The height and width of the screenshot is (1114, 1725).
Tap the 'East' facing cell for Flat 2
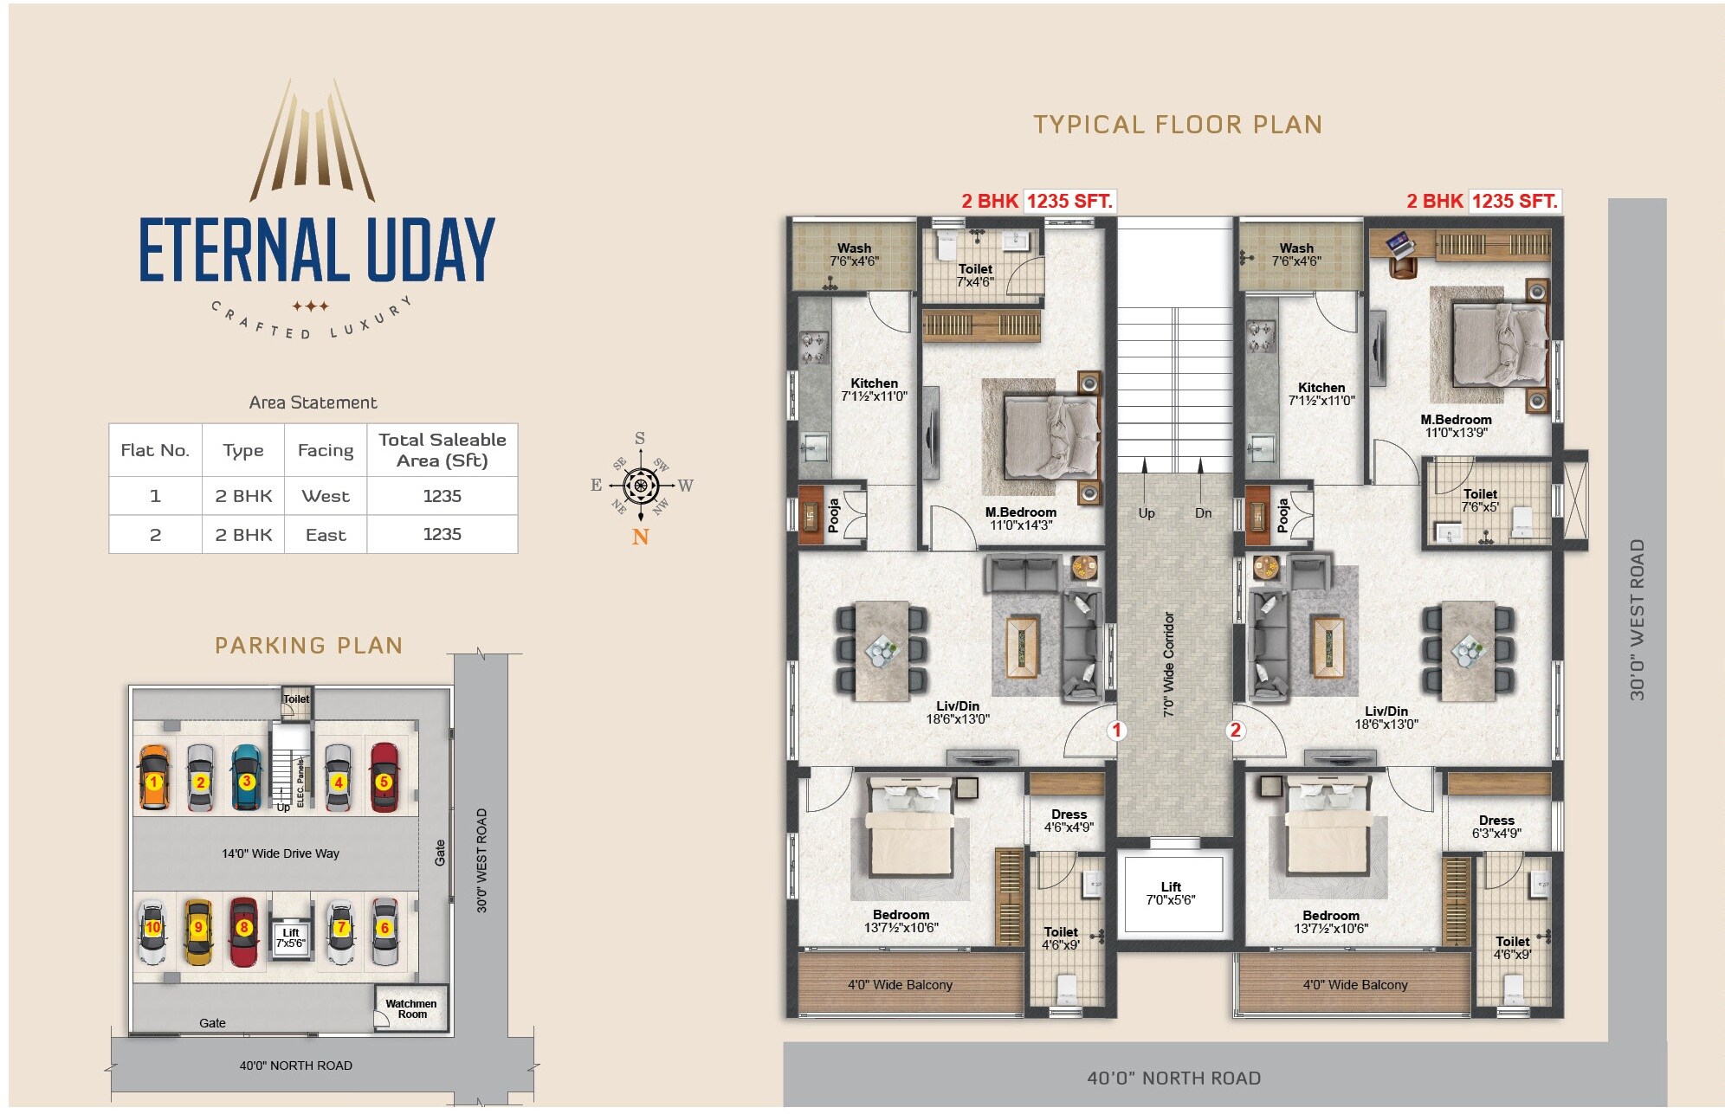(326, 535)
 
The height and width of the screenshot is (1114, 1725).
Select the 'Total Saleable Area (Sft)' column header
(442, 450)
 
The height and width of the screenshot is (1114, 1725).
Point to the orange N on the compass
(640, 538)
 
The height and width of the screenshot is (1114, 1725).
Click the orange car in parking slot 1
(153, 777)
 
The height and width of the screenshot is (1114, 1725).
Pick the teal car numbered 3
(247, 776)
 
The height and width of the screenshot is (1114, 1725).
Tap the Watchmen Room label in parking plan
(411, 1008)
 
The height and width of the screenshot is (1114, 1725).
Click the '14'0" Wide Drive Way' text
(280, 853)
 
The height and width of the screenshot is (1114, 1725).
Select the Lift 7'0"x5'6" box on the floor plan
(1171, 893)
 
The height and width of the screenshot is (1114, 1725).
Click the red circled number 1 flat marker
(1116, 730)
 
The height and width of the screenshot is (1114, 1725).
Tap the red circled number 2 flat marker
(1236, 730)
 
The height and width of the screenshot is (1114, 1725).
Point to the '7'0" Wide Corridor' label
(1169, 664)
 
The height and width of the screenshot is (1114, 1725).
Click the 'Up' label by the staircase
(1147, 513)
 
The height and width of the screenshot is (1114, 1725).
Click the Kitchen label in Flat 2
(1321, 394)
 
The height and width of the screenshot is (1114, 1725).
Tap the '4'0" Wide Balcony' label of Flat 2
(1355, 985)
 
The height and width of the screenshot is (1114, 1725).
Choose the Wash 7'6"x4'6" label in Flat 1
(854, 254)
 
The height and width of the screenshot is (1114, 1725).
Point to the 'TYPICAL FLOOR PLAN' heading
(1178, 125)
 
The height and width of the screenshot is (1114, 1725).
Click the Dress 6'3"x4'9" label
(1496, 827)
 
